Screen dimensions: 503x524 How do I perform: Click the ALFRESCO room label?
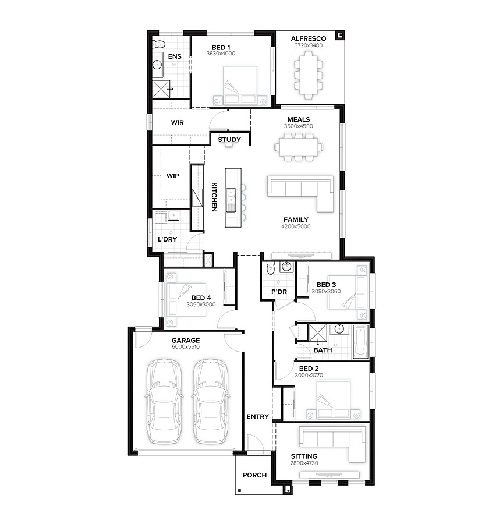308,39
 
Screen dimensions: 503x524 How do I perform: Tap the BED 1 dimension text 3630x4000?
221,54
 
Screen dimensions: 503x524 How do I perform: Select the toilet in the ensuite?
158,44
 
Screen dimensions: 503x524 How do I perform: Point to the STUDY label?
229,140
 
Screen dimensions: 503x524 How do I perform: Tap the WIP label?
173,176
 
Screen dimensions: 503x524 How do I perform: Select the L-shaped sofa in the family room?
300,193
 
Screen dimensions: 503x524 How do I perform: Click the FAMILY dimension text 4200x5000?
296,226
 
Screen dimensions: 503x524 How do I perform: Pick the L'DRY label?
167,239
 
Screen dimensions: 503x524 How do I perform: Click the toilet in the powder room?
270,268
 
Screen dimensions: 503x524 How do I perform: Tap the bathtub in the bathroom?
360,342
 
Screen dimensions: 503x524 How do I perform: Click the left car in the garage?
164,401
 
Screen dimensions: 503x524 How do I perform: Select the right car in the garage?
211,401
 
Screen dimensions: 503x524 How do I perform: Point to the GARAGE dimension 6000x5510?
186,347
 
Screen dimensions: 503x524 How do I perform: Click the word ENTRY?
258,417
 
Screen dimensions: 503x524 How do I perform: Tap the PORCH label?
254,475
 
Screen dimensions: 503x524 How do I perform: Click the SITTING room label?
304,456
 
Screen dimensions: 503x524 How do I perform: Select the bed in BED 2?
333,399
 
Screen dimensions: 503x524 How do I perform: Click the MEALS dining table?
299,147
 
